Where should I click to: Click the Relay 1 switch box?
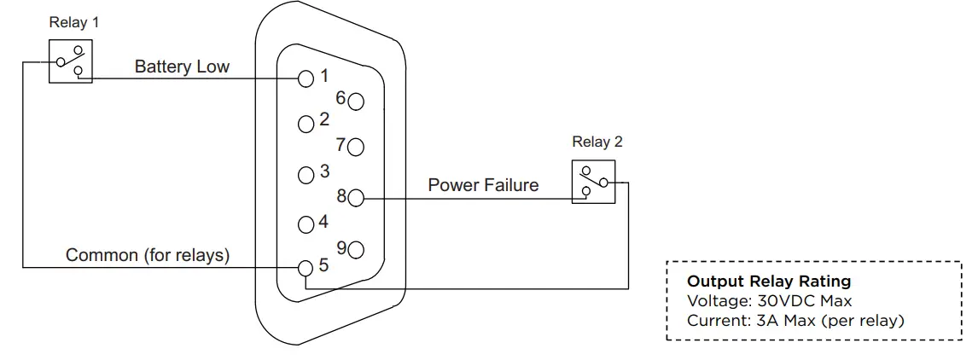(71, 61)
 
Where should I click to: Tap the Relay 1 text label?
(73, 23)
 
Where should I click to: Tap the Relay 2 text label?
(597, 142)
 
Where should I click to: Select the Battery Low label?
(182, 67)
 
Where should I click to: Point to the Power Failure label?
(483, 185)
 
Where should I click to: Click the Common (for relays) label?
(148, 255)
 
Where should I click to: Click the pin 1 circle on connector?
(306, 79)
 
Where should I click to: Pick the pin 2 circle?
(306, 125)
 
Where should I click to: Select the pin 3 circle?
(306, 176)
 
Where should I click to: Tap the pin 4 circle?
(306, 225)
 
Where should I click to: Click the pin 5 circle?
(306, 269)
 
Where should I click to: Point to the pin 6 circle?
(356, 101)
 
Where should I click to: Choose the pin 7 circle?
(356, 147)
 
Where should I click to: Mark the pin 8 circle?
(356, 199)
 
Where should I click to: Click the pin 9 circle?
(356, 250)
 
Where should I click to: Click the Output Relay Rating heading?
(769, 282)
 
